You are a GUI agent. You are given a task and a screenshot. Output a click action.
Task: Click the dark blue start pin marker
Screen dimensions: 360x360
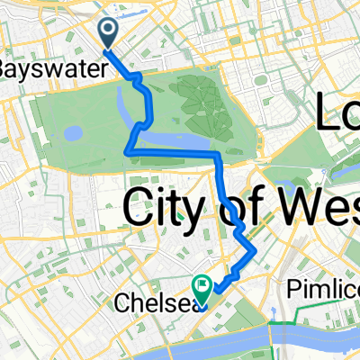pyautogui.click(x=108, y=33)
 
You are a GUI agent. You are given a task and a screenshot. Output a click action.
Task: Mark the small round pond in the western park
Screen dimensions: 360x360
pyautogui.click(x=71, y=133)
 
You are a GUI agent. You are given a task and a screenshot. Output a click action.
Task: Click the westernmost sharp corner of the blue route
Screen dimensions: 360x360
pyautogui.click(x=125, y=153)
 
